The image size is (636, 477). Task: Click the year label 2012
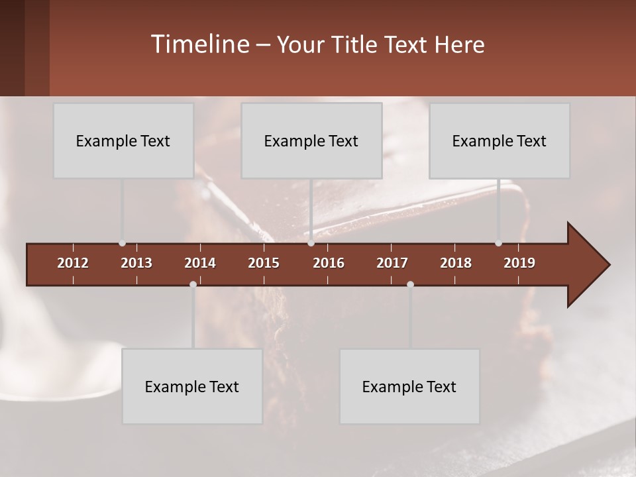[73, 263]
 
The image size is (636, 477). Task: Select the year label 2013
[136, 263]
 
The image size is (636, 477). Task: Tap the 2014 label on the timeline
[200, 263]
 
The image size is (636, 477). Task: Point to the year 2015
[264, 263]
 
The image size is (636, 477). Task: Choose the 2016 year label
[329, 263]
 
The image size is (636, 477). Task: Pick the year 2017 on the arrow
[392, 263]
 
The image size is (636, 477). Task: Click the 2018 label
[456, 263]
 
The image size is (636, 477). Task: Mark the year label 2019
[519, 263]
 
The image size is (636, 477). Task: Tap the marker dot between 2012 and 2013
[122, 243]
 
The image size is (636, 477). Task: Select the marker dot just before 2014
[193, 284]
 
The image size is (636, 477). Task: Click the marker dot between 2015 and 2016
[311, 243]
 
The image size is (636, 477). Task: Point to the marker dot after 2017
[410, 284]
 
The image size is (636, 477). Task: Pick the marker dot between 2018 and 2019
[498, 243]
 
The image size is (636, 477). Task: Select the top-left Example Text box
[123, 140]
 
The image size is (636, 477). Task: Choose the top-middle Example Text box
[311, 140]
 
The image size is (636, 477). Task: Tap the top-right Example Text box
[500, 140]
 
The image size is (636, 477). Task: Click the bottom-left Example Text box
[192, 386]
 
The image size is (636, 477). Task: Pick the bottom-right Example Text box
[409, 386]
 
